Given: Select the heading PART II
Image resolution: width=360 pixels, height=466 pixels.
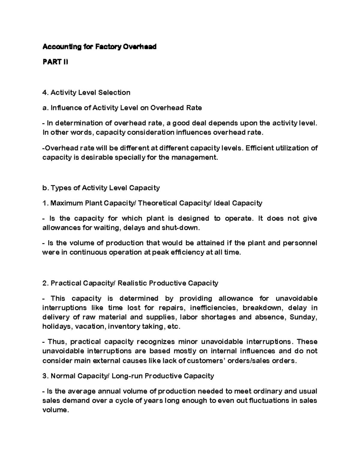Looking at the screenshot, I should [x=55, y=62].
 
